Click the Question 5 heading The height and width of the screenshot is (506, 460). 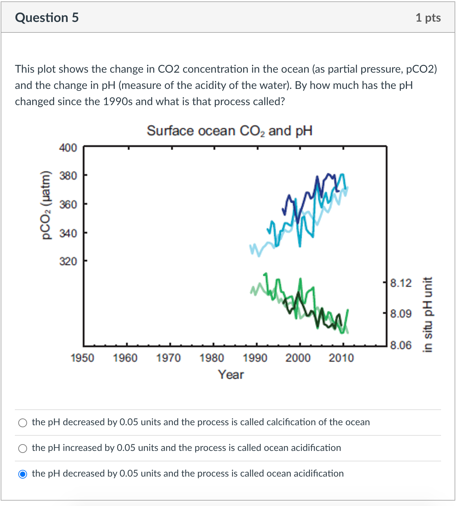coord(47,18)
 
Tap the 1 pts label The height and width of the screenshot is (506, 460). coord(428,18)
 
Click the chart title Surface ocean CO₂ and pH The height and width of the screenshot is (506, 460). coord(229,131)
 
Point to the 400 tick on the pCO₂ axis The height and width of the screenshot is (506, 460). coord(68,148)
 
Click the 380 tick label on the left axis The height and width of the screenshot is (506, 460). coord(68,176)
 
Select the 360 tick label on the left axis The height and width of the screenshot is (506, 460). coord(68,204)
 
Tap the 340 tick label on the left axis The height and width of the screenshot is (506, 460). coord(68,233)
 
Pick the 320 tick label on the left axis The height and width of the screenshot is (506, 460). coord(68,261)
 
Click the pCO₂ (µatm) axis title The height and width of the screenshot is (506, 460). coord(46,205)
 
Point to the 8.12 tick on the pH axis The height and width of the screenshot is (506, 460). coord(401,283)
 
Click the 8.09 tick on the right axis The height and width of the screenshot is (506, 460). coord(401,314)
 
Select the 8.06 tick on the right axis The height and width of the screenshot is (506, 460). coord(401,345)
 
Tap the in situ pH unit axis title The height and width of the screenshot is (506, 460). coord(428,314)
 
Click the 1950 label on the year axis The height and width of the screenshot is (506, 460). coord(82,358)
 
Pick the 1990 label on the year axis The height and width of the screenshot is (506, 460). coord(255,358)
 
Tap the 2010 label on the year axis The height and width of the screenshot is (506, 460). coord(341,358)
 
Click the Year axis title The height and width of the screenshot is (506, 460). coord(231,375)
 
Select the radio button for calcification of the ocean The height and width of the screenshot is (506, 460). coord(23,423)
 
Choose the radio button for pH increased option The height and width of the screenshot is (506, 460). coord(23,449)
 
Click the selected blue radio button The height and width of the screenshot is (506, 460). coord(23,474)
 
